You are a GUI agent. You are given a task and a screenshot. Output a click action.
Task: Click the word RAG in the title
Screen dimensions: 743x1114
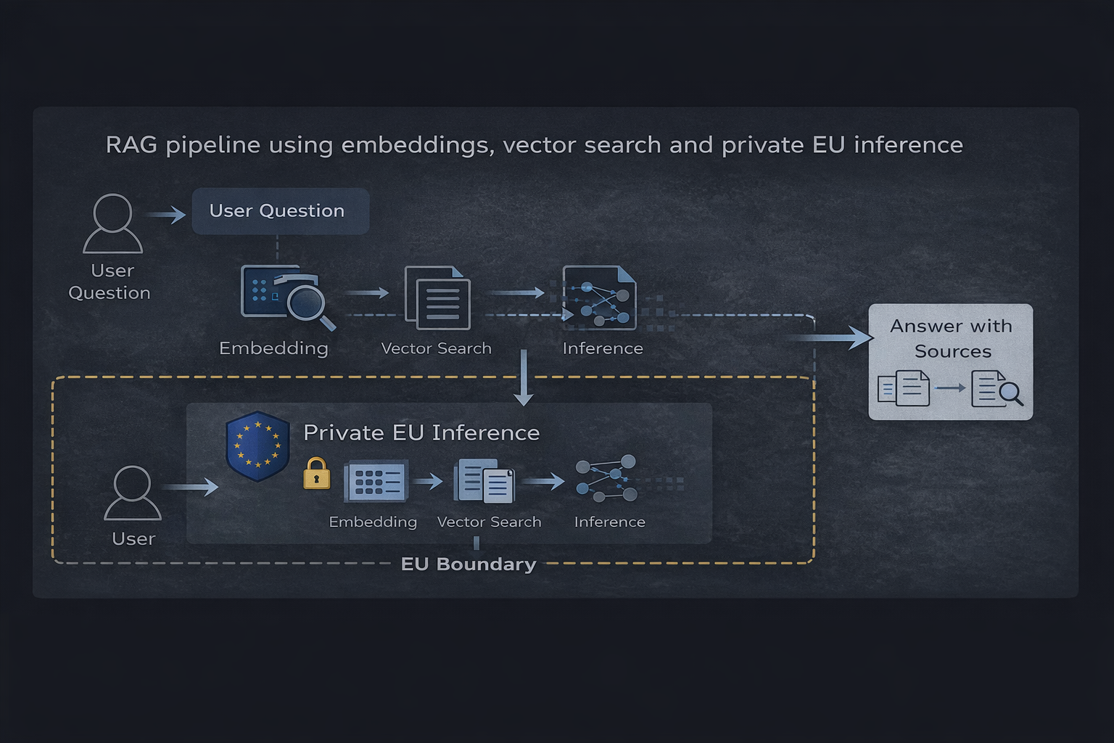tap(131, 145)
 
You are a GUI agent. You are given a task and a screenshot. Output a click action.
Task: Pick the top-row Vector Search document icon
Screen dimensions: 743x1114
tap(437, 298)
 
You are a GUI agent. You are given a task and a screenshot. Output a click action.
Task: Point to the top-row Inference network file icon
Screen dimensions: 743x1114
tap(600, 298)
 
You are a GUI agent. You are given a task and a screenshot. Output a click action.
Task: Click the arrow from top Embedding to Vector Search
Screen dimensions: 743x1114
tap(368, 292)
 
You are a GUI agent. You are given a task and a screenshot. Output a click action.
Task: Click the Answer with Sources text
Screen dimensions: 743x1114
tap(951, 339)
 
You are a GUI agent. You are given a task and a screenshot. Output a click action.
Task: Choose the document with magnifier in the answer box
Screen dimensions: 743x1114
tap(997, 388)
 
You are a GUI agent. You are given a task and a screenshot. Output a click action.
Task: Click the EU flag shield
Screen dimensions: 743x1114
tap(257, 446)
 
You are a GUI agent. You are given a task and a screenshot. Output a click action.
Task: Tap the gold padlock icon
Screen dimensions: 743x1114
tap(316, 474)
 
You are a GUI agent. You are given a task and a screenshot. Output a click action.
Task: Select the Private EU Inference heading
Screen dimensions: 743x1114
tap(421, 432)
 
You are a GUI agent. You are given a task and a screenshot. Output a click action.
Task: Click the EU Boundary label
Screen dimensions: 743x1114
tap(469, 565)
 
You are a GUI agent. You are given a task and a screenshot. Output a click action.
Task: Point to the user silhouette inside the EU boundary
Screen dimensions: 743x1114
tap(133, 493)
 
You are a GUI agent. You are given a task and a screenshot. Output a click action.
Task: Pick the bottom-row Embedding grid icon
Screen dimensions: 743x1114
tap(376, 481)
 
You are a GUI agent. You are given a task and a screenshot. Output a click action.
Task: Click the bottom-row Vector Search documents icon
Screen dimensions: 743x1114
tap(484, 481)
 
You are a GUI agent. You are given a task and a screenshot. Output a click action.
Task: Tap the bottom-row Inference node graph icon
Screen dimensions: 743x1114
tap(607, 480)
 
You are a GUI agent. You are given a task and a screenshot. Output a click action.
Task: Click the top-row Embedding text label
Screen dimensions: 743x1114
tap(273, 348)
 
